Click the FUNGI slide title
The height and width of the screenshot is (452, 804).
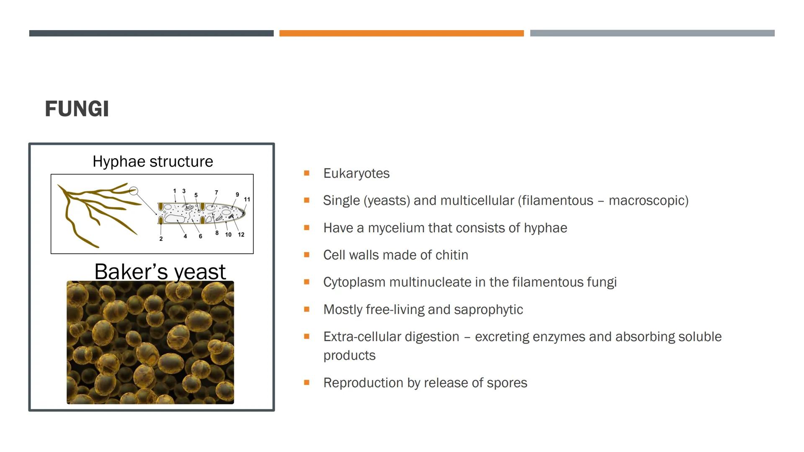pyautogui.click(x=77, y=109)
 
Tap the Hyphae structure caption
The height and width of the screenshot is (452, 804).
pyautogui.click(x=153, y=162)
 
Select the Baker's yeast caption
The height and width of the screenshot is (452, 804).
pyautogui.click(x=160, y=272)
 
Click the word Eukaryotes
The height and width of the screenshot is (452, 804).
pyautogui.click(x=356, y=173)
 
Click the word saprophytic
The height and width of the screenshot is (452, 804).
pyautogui.click(x=488, y=310)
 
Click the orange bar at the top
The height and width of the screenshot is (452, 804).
pyautogui.click(x=402, y=33)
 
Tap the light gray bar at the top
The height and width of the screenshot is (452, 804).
pyautogui.click(x=652, y=33)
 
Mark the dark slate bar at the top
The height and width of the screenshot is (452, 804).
pyautogui.click(x=151, y=33)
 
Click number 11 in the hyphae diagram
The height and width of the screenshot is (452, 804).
pyautogui.click(x=247, y=200)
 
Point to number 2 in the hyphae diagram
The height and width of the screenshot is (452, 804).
pyautogui.click(x=161, y=239)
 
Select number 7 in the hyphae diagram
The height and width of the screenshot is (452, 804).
pyautogui.click(x=216, y=193)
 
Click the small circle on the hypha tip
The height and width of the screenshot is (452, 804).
pyautogui.click(x=134, y=191)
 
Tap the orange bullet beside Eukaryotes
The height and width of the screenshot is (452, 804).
pyautogui.click(x=307, y=173)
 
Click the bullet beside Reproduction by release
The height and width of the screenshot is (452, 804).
pyautogui.click(x=307, y=382)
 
